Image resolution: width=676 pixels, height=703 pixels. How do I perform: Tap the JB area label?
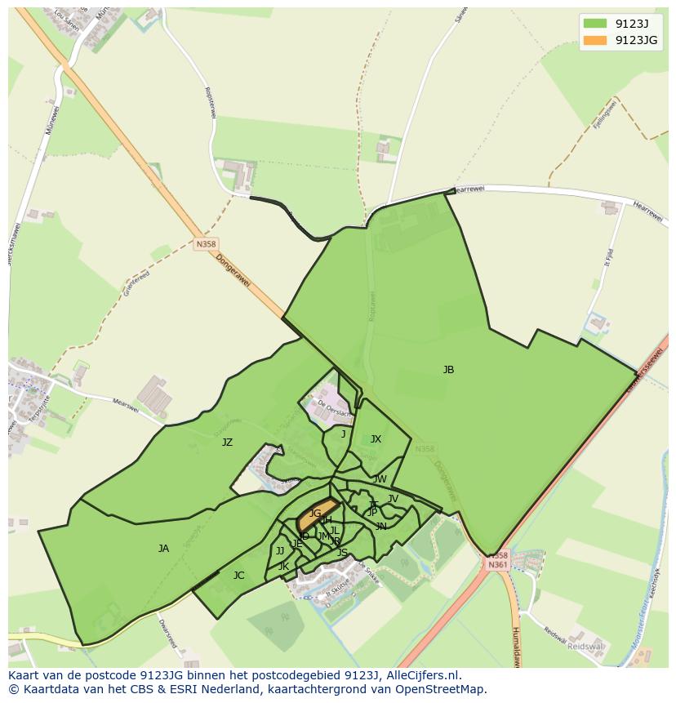tap(448, 370)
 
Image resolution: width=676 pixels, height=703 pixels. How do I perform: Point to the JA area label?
tap(163, 549)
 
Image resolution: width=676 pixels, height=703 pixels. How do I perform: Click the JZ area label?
tap(227, 443)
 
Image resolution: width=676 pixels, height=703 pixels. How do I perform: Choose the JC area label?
tap(238, 576)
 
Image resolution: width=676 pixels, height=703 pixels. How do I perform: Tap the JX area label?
tap(376, 439)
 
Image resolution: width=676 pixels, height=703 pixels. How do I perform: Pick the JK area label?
tap(283, 567)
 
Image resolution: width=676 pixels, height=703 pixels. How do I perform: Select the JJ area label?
tap(280, 551)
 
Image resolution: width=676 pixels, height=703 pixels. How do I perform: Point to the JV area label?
tap(393, 499)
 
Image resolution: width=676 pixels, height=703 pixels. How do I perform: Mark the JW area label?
tap(380, 479)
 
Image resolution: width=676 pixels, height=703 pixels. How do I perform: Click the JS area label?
tap(342, 553)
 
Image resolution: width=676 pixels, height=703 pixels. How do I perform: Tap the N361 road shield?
tap(497, 564)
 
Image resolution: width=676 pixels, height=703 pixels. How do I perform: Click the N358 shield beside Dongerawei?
tap(206, 243)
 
